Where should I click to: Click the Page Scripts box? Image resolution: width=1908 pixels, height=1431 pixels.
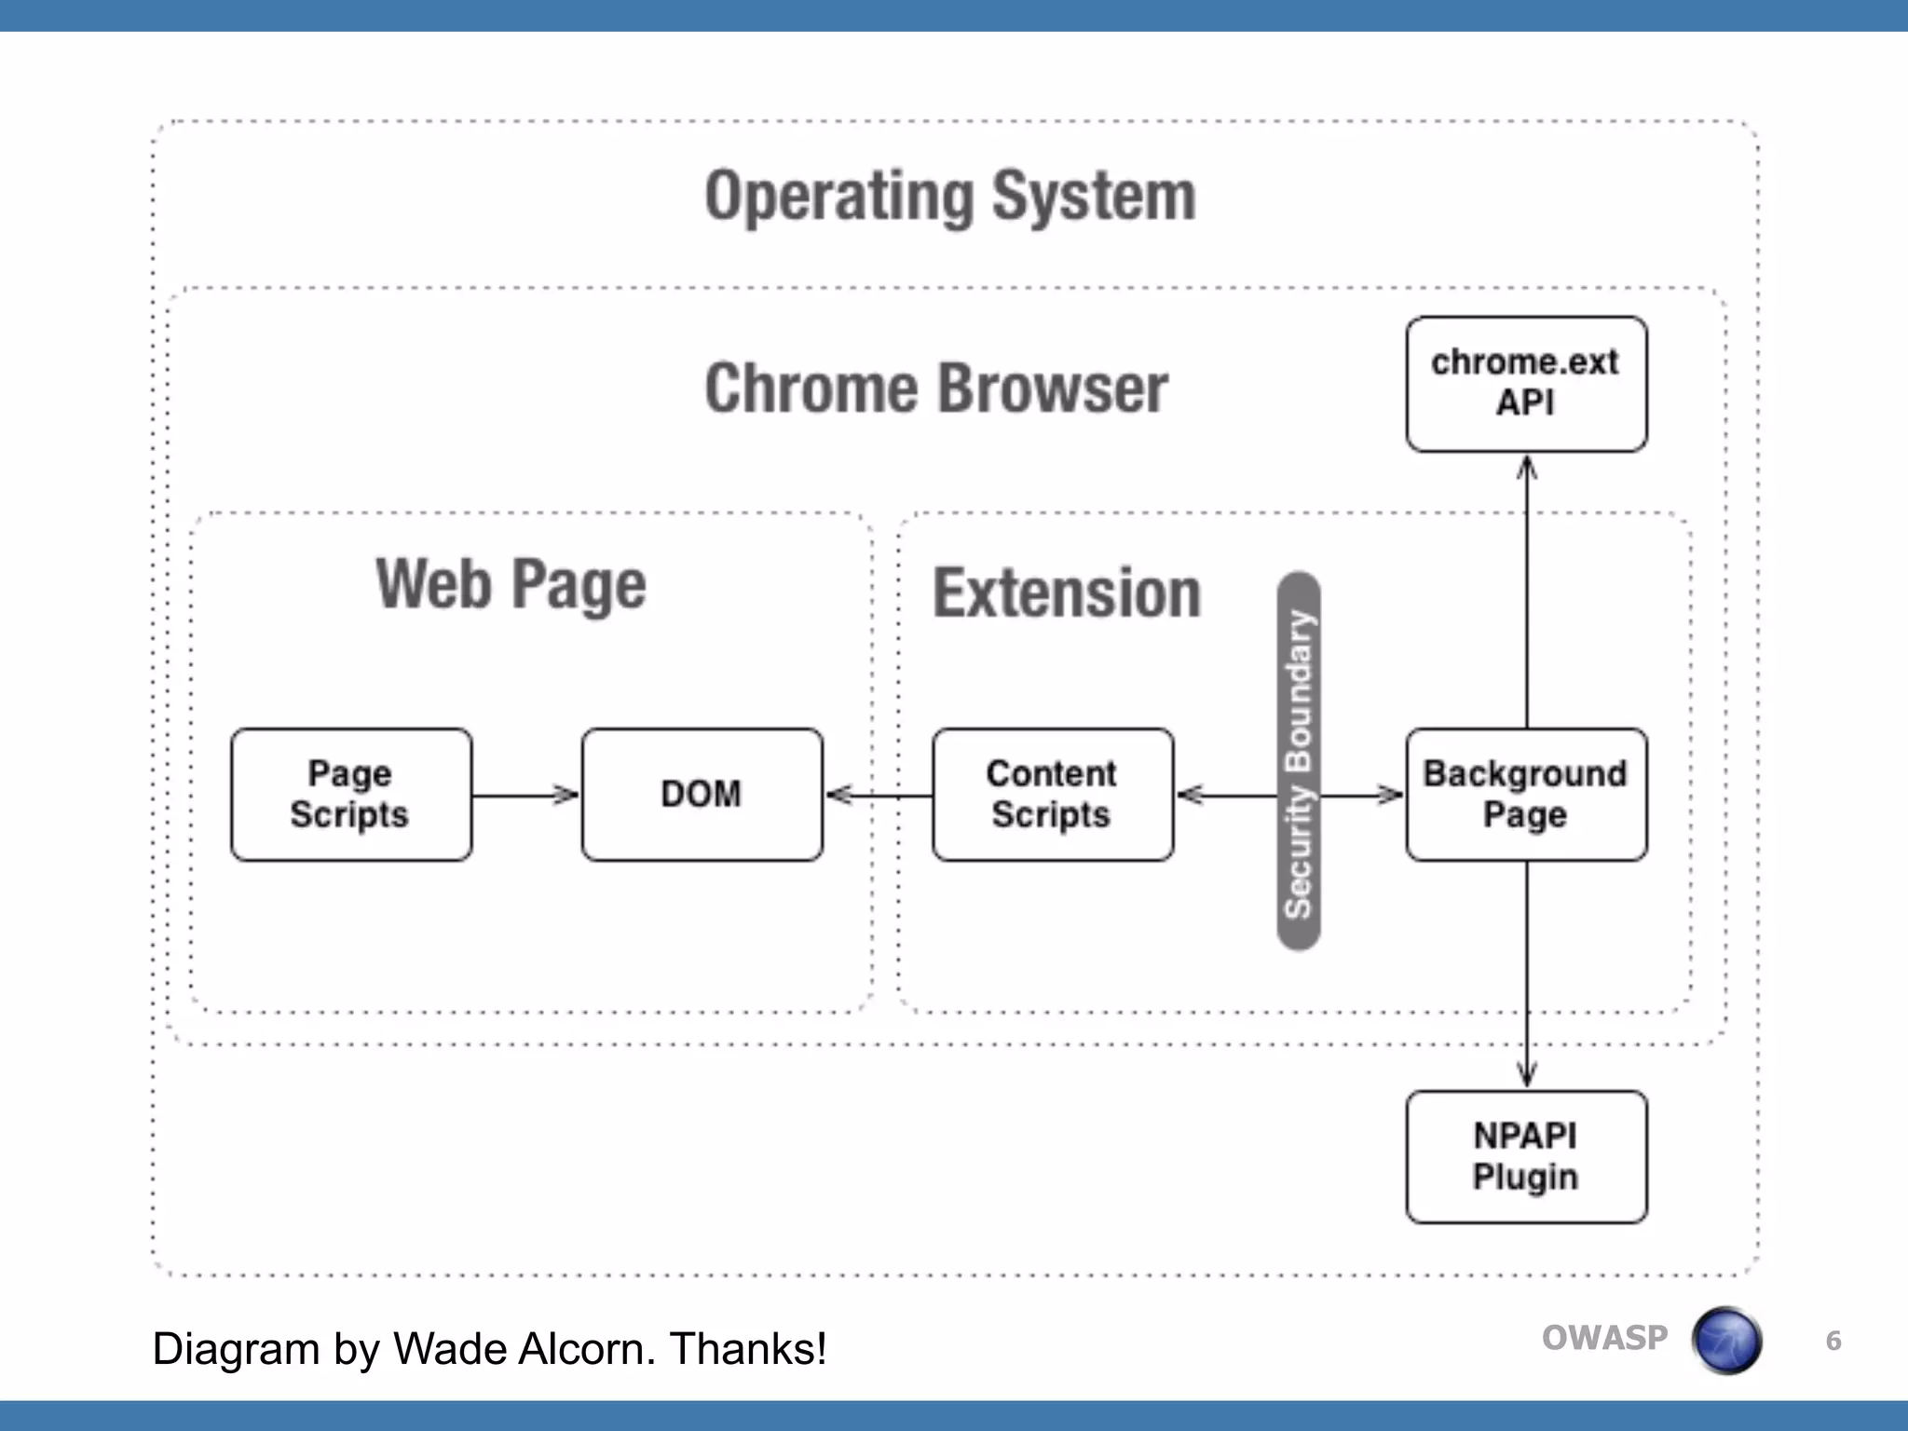(351, 795)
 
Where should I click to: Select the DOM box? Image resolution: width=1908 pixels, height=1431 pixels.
(702, 795)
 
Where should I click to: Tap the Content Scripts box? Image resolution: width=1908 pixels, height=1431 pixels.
(1052, 795)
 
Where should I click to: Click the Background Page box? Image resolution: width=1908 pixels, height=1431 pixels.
(1526, 795)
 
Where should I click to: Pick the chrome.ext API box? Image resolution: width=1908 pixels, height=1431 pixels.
(1526, 384)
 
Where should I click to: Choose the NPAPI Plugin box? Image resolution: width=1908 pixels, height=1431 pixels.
(1526, 1156)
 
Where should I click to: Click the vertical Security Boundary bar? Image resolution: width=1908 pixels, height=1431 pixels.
(1298, 761)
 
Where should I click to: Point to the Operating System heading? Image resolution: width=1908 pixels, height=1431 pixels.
(950, 196)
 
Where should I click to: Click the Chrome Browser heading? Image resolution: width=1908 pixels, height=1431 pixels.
(936, 388)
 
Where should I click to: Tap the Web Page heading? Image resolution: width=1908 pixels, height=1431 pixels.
(511, 584)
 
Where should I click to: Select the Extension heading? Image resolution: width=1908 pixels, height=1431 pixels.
(1067, 593)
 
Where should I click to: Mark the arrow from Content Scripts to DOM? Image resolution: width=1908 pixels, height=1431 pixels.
(879, 795)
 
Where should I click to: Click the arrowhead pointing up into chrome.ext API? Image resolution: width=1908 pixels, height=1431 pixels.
(1526, 467)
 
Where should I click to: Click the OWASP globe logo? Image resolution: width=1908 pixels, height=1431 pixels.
(1726, 1341)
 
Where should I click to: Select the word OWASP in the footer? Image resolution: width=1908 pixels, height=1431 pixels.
(1604, 1338)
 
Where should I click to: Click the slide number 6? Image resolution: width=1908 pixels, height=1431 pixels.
(1833, 1341)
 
